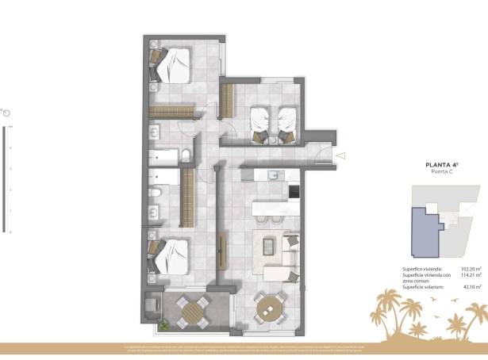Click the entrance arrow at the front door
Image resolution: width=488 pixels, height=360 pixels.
click(x=340, y=156)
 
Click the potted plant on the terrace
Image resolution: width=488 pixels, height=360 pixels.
click(x=164, y=324)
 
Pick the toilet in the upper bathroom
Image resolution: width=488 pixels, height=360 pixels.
click(x=184, y=155)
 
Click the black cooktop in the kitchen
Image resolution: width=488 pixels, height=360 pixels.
click(x=294, y=191)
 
